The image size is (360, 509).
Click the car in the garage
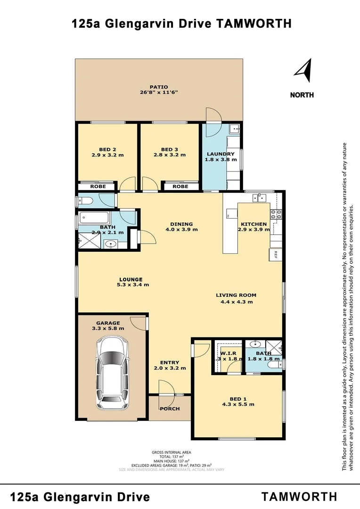[x=112, y=373]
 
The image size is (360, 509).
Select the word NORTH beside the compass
[x=302, y=95]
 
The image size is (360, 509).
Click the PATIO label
[x=159, y=87]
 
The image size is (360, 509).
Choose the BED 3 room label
[x=170, y=149]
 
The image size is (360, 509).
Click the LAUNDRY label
[x=221, y=154]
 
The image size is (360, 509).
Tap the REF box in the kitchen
[x=275, y=254]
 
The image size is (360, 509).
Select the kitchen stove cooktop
[x=276, y=214]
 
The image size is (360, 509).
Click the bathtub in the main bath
[x=94, y=218]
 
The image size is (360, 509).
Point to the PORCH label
[x=170, y=409]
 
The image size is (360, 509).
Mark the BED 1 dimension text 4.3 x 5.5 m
[x=238, y=404]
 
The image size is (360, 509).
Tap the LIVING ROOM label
[x=236, y=296]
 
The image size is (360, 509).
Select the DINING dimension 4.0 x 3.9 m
[x=181, y=230]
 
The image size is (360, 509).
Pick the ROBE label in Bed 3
[x=180, y=187]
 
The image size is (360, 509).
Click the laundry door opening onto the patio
[x=213, y=115]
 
